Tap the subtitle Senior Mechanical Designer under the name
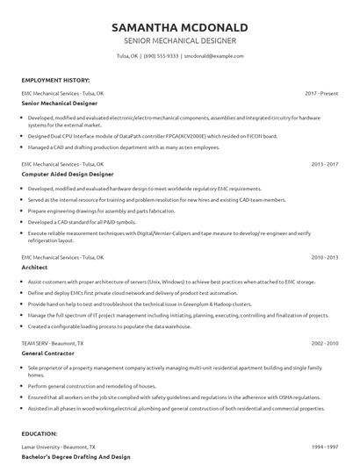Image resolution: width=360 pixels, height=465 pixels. tap(180, 40)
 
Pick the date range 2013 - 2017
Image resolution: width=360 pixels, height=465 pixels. tap(325, 163)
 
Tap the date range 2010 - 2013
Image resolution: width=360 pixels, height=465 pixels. tap(325, 257)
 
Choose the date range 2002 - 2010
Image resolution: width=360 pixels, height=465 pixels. tap(325, 342)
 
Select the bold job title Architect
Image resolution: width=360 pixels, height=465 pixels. tap(36, 267)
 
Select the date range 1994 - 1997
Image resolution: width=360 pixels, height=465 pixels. tap(325, 447)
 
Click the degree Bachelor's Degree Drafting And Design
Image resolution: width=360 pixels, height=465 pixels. tap(76, 456)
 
